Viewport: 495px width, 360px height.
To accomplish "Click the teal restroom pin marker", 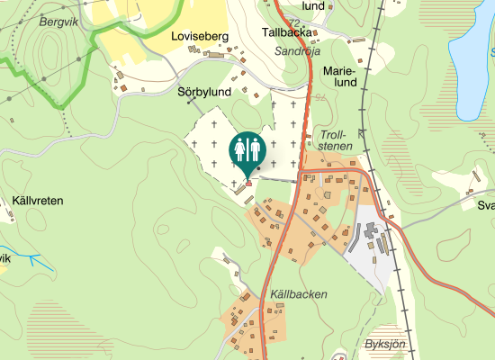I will coord(247,149).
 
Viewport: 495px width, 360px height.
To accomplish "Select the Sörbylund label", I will coord(205,92).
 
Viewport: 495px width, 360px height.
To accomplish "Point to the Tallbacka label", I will coord(286,31).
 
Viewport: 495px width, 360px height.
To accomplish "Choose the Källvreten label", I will coord(39,201).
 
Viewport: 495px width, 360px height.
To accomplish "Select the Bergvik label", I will coord(59,19).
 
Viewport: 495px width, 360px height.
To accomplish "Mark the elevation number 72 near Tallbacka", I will coord(294,21).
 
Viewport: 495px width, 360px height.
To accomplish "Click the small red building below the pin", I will coord(248,184).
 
